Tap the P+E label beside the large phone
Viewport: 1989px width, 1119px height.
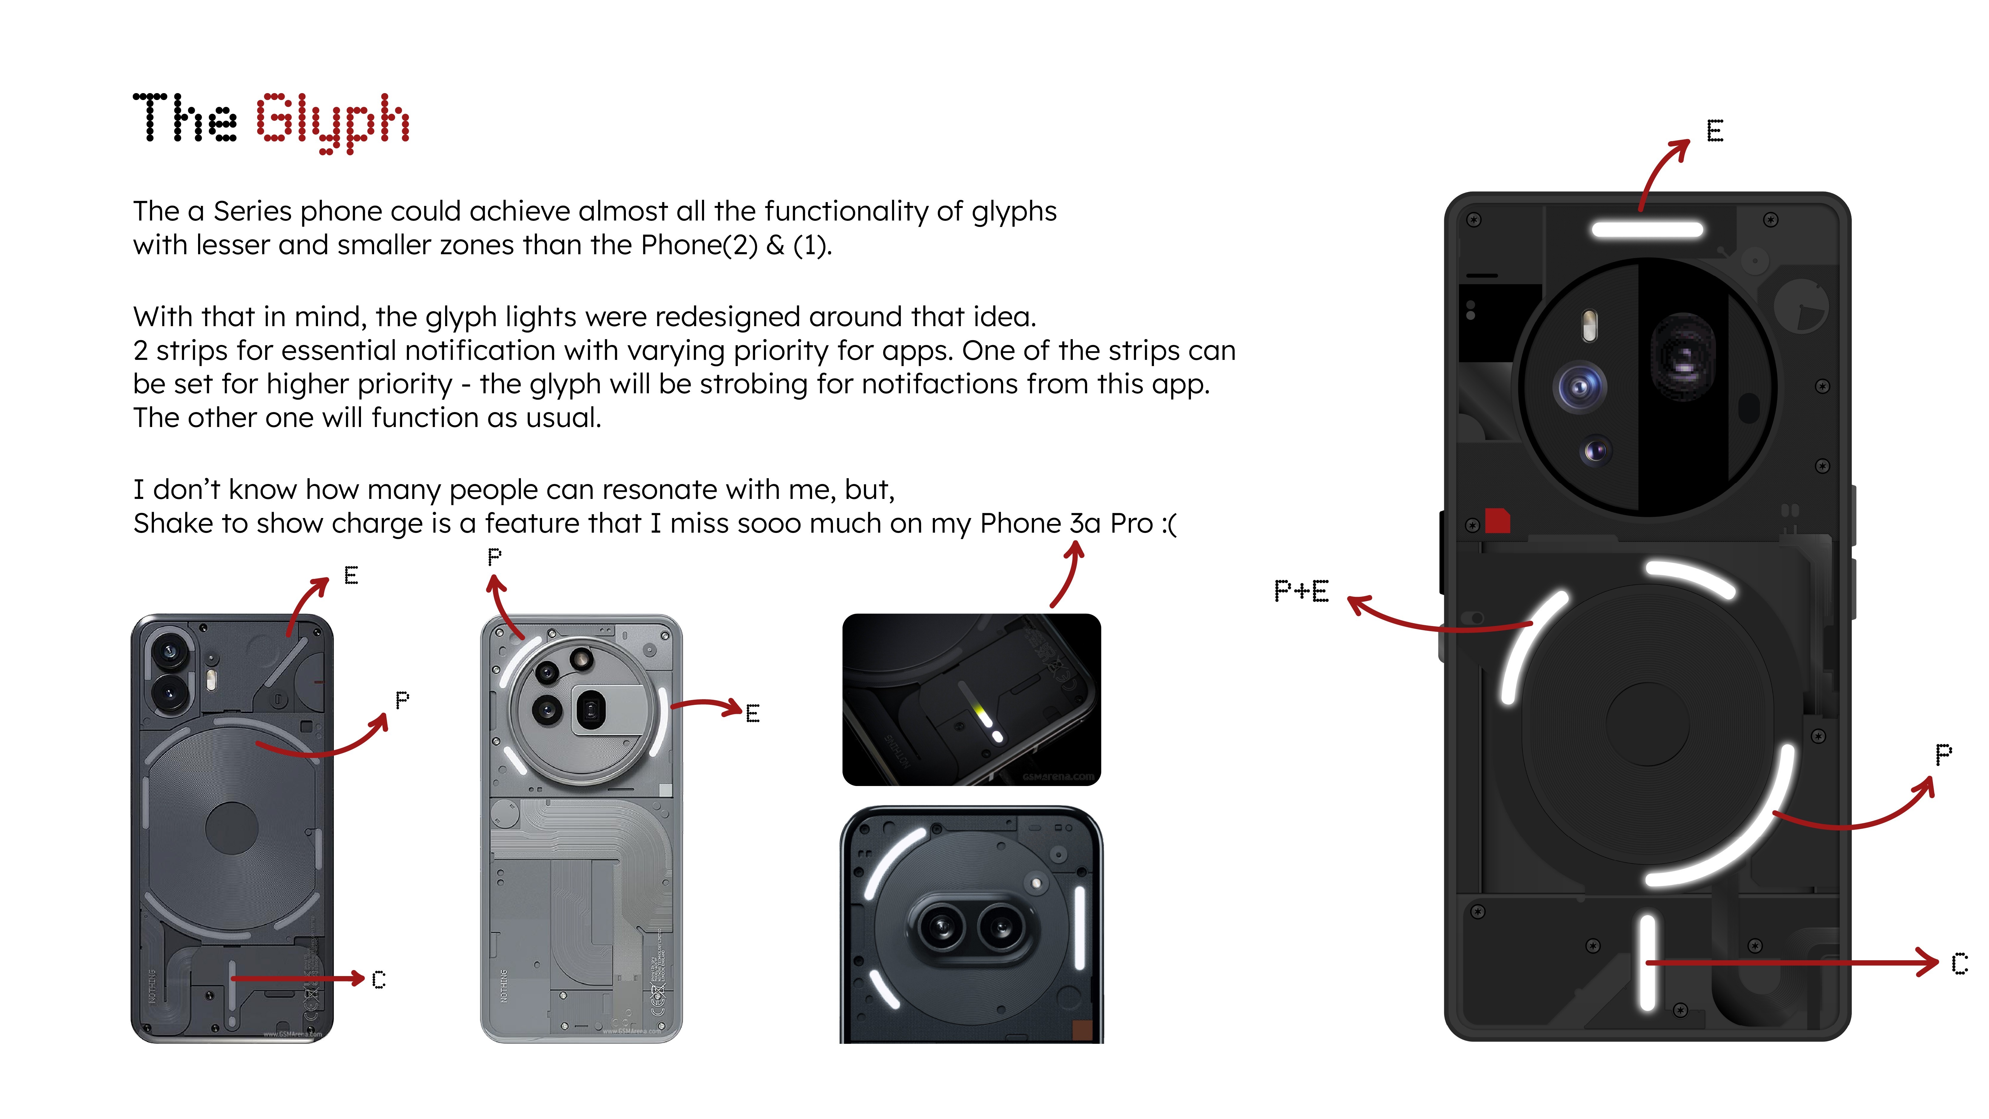tap(1301, 591)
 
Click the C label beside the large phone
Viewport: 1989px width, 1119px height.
tap(1959, 963)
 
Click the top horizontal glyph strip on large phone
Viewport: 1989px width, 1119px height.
tap(1647, 229)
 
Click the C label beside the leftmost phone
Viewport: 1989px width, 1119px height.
tap(378, 979)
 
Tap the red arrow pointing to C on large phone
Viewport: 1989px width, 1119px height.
tap(1791, 962)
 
